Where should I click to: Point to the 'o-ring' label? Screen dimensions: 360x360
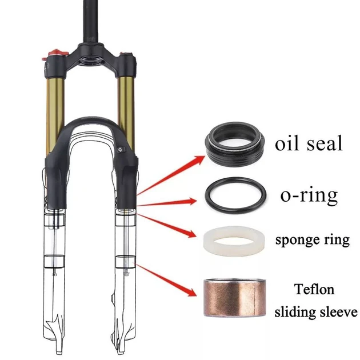pos(309,196)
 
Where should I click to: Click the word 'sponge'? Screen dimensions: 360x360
pos(298,241)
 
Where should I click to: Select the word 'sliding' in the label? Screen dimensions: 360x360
pos(295,312)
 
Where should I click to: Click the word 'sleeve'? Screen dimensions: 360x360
pos(338,312)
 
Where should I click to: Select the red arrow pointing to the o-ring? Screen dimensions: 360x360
pos(169,202)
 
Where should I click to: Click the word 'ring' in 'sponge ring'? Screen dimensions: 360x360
pos(336,241)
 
